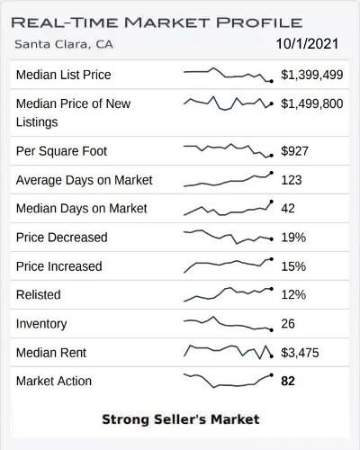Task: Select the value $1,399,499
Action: click(x=311, y=75)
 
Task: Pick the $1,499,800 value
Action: click(x=311, y=103)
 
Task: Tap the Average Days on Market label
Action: click(x=84, y=180)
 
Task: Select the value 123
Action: click(x=292, y=180)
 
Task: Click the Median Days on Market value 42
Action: click(x=288, y=209)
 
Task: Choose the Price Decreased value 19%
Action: click(x=293, y=238)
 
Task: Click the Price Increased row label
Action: click(x=59, y=266)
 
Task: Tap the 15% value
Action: click(x=293, y=266)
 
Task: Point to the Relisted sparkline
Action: click(x=228, y=293)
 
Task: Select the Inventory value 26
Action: click(x=288, y=324)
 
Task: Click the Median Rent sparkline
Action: click(x=228, y=351)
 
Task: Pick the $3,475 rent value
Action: click(x=300, y=353)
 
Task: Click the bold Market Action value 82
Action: click(x=288, y=382)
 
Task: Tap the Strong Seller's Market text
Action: click(x=180, y=419)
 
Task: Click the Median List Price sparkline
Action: click(x=228, y=75)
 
